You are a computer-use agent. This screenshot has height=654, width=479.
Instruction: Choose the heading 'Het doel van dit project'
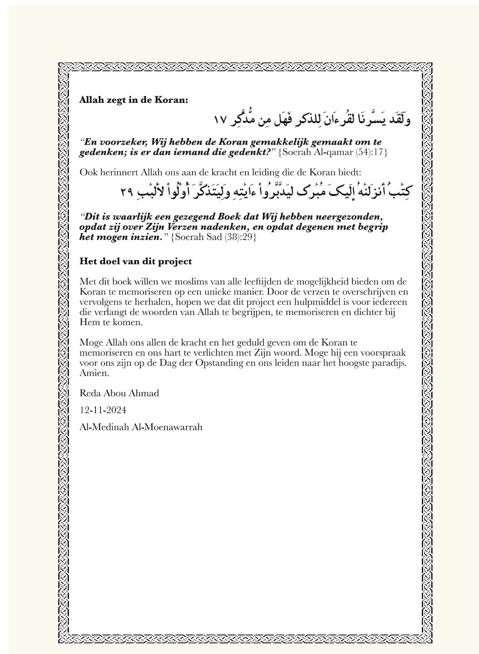click(x=136, y=261)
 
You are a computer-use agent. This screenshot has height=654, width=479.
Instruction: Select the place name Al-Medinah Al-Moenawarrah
click(x=141, y=427)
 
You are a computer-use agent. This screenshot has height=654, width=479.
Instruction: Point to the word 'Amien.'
click(x=95, y=373)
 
